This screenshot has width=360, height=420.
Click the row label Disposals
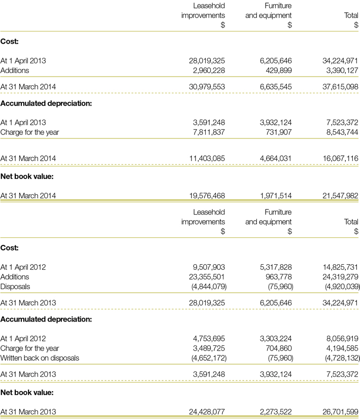(x=15, y=287)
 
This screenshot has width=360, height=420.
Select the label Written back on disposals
(x=40, y=358)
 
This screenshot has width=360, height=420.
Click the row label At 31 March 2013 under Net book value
(x=28, y=411)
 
